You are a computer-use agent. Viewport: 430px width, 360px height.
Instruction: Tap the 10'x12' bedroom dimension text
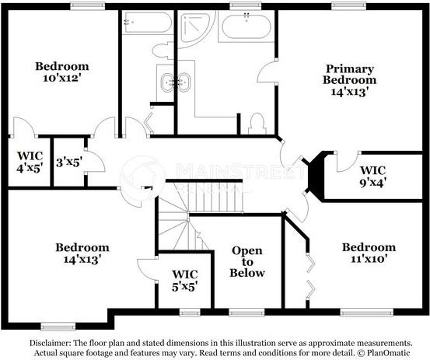pos(62,79)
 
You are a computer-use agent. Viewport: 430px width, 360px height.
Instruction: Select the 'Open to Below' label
pos(247,262)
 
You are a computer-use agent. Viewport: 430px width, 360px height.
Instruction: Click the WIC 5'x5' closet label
pos(184,280)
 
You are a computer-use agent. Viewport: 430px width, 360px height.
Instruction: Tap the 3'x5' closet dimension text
pos(68,163)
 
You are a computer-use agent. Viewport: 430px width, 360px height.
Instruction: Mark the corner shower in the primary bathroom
pos(194,28)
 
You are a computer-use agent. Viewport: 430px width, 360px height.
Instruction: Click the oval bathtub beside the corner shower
pos(245,28)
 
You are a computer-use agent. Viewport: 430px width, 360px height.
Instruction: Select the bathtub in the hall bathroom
pos(146,24)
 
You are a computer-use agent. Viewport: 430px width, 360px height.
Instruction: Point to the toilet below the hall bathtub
pos(163,51)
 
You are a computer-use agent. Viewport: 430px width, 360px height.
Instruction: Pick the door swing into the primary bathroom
pos(267,72)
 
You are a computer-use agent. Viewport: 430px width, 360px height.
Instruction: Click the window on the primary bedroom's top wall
pos(348,7)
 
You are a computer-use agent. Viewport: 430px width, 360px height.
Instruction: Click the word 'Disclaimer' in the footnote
pos(52,342)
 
